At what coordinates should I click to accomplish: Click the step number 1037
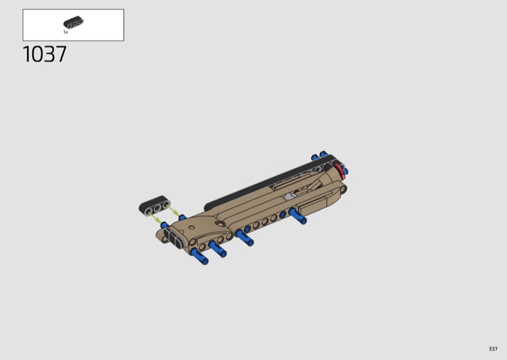[x=44, y=54]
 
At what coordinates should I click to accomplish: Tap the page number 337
[x=493, y=349]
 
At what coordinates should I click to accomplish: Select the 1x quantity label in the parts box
[x=65, y=32]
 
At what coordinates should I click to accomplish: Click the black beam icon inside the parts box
[x=74, y=22]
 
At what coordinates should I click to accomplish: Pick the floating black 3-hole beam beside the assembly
[x=155, y=206]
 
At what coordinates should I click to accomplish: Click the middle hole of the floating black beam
[x=157, y=208]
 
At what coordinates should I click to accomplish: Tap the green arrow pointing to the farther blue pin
[x=174, y=210]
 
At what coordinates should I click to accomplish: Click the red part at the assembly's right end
[x=340, y=171]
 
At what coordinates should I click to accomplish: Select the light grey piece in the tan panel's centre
[x=290, y=196]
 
